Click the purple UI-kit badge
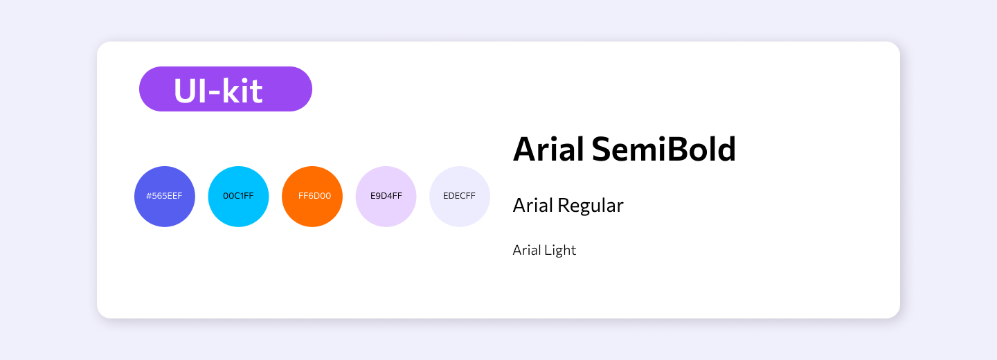coord(226,89)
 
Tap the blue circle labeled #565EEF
coord(165,196)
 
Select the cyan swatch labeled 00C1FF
coord(239,196)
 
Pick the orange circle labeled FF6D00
coord(312,196)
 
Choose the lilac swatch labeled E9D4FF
coord(386,196)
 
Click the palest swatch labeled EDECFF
coord(460,196)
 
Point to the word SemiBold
coord(663,149)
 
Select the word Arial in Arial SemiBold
coord(548,149)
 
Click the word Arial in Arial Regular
coord(532,205)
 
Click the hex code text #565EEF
coord(164,196)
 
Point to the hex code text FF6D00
coord(314,196)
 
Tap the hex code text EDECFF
coord(459,196)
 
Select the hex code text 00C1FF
coord(238,196)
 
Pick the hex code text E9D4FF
coord(386,196)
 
